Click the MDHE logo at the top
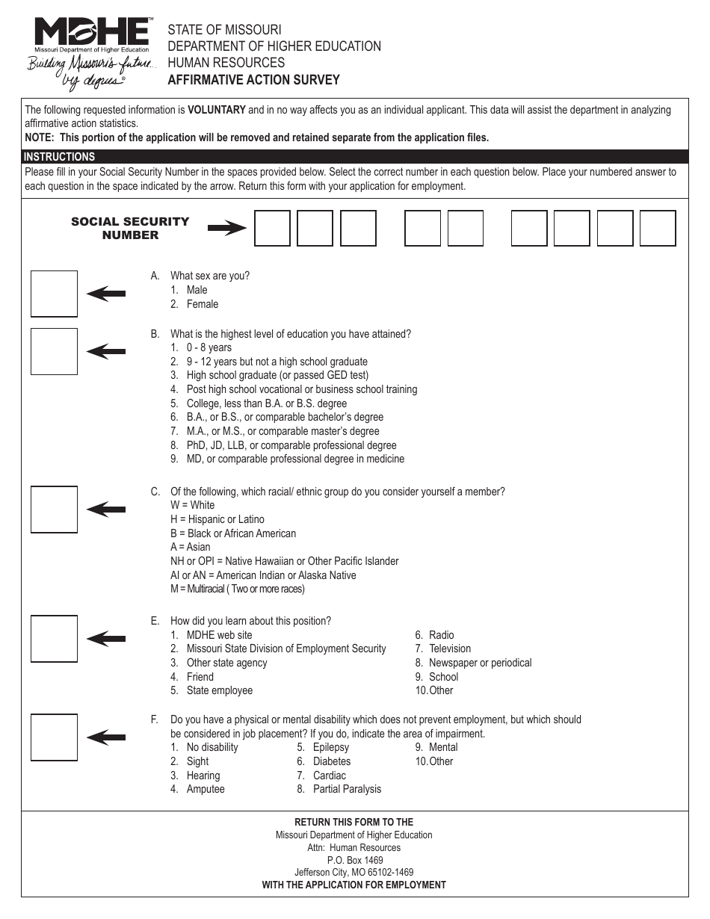(x=91, y=35)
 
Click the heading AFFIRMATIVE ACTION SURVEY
(x=253, y=80)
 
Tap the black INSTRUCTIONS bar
(x=354, y=157)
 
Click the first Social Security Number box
(x=272, y=228)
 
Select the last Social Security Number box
(x=658, y=228)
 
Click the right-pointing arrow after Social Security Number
(x=226, y=229)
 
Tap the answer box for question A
(x=54, y=294)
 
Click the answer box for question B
(x=54, y=351)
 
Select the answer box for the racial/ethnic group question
(x=54, y=510)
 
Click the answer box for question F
(x=54, y=737)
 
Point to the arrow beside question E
(x=106, y=639)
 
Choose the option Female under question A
(x=203, y=304)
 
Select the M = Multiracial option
(x=238, y=589)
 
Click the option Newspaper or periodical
(x=480, y=663)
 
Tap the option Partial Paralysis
(x=347, y=789)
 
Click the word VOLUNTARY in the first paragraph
(x=216, y=110)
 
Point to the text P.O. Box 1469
(x=354, y=860)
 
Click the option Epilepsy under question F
(x=330, y=747)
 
